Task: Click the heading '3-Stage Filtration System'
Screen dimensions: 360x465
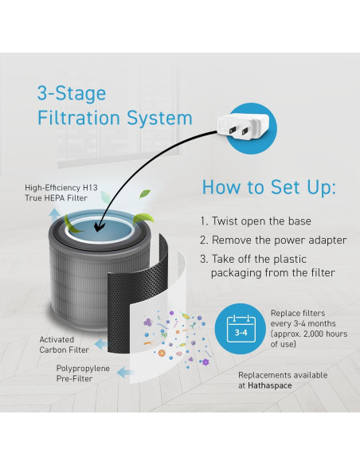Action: click(115, 106)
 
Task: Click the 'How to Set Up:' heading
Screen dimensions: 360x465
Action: click(269, 187)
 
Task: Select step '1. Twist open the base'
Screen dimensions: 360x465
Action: click(256, 221)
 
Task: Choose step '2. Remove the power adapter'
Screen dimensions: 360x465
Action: click(273, 240)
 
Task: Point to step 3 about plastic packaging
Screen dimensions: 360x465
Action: click(268, 266)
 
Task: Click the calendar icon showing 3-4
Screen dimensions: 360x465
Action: click(241, 329)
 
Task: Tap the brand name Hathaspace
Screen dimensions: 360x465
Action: click(270, 385)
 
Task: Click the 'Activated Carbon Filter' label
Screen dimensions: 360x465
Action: click(64, 345)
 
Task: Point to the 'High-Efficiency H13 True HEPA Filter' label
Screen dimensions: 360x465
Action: click(61, 193)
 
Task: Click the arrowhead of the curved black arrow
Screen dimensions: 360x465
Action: click(99, 227)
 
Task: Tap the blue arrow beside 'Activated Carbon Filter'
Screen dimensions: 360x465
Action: click(101, 344)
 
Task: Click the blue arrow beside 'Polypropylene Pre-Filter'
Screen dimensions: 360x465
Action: click(124, 373)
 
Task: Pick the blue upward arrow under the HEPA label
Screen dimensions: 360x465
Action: click(54, 216)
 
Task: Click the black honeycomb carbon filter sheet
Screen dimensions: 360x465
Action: click(137, 296)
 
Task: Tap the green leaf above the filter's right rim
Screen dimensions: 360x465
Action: click(143, 218)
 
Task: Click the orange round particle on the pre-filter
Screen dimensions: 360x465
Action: click(162, 354)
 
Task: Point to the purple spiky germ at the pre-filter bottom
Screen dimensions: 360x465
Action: click(205, 361)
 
